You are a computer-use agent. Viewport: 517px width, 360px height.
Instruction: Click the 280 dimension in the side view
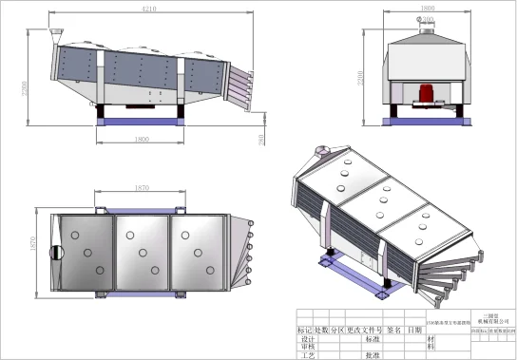click(261, 140)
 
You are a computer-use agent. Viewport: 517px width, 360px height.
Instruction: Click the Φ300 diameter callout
click(427, 19)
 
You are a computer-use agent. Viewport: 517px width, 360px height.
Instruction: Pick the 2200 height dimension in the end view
click(361, 79)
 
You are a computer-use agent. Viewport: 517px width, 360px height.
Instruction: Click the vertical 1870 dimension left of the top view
click(31, 249)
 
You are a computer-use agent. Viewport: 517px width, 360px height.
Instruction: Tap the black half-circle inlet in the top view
click(56, 253)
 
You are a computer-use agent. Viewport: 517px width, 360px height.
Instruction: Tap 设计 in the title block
click(305, 338)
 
